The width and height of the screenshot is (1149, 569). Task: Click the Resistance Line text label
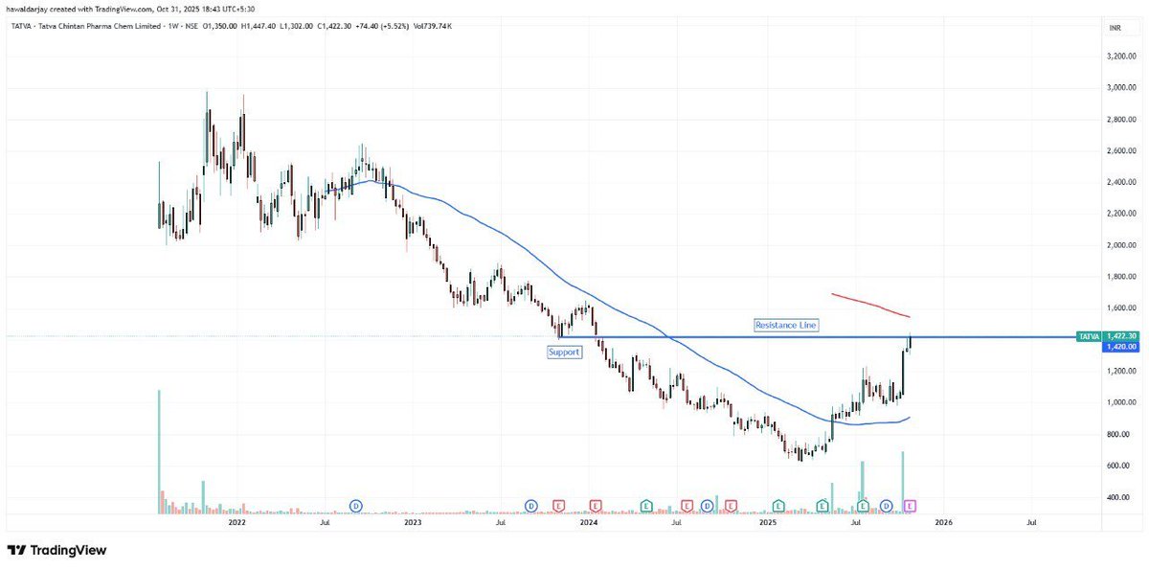[x=786, y=326]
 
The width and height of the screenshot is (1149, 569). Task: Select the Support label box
[x=564, y=353]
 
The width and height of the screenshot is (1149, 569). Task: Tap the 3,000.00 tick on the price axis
[x=1119, y=87]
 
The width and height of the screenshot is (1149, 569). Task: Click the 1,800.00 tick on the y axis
[x=1119, y=277]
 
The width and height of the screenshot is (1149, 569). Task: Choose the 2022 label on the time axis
[x=237, y=523]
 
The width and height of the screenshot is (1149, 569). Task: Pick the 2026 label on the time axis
[x=943, y=523]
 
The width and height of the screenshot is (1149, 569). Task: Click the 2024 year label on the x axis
[x=589, y=523]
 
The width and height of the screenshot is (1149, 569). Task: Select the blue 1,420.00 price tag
[x=1120, y=347]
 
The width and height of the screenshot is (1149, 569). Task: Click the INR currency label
[x=1115, y=29]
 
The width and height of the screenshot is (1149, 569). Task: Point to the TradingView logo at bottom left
[x=56, y=551]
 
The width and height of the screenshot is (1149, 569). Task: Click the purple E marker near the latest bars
[x=911, y=505]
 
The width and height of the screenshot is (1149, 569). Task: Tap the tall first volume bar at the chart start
[x=159, y=450]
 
